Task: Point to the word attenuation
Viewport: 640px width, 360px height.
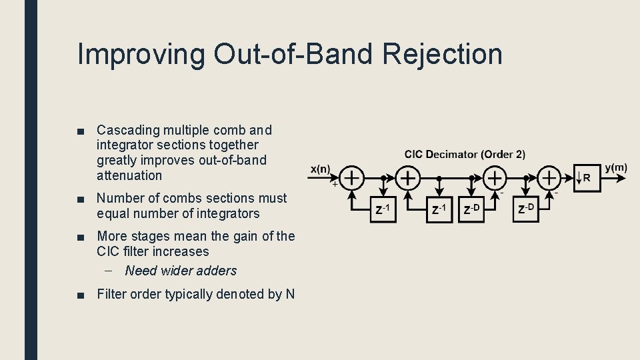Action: tap(129, 175)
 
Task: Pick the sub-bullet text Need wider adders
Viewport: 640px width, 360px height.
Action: tap(181, 271)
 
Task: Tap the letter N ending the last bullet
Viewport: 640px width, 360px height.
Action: tap(290, 294)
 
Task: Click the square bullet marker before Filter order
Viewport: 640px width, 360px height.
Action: tap(81, 295)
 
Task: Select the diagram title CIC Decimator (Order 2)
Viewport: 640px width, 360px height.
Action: tap(465, 154)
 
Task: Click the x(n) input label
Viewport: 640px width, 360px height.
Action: tap(321, 169)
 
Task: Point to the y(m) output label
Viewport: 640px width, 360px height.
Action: tap(616, 167)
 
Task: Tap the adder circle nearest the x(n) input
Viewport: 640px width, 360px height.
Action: tap(352, 179)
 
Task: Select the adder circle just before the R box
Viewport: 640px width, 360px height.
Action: tap(549, 179)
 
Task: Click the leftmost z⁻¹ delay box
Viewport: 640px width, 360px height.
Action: tap(383, 210)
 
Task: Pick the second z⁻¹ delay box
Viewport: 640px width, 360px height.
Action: tap(439, 210)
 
